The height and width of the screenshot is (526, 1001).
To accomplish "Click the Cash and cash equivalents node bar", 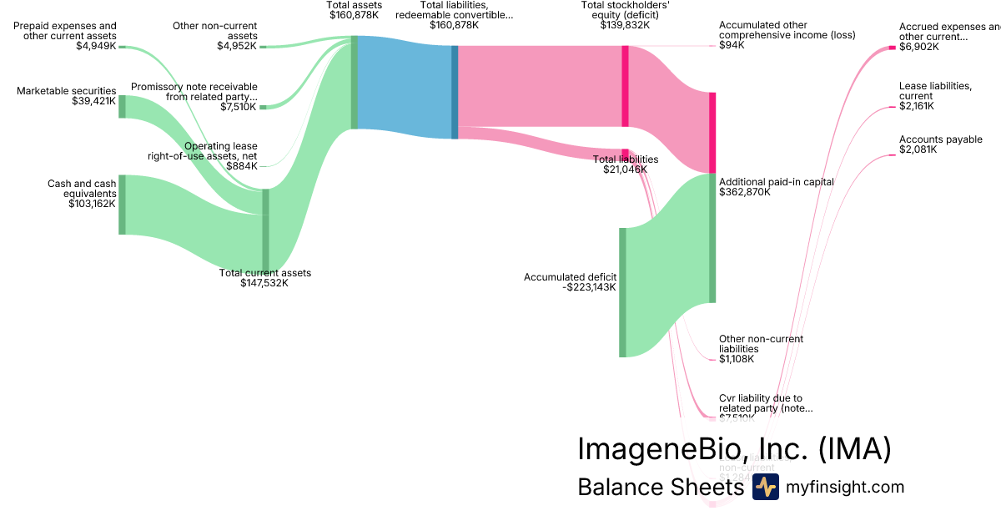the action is [122, 205].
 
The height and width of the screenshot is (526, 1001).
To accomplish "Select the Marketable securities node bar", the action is [122, 106].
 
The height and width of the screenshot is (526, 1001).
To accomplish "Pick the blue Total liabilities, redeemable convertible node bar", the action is [455, 92].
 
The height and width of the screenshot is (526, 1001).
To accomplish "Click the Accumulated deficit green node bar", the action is [622, 291].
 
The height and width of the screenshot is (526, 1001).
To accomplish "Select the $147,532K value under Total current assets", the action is [264, 283].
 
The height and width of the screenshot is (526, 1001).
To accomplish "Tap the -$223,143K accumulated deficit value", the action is [589, 287].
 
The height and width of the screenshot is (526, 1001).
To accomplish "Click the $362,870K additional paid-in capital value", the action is [745, 192].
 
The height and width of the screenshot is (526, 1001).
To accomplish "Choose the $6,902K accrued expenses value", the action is [918, 48].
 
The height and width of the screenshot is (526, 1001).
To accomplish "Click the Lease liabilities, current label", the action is [935, 91].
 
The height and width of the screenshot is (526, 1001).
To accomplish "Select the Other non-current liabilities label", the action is [761, 344].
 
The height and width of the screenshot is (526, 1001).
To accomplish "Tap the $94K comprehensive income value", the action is [732, 45].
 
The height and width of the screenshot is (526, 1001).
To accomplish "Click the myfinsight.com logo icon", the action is [765, 487].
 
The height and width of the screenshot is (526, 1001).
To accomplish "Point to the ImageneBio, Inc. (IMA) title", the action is [734, 448].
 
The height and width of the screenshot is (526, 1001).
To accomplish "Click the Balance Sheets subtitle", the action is [660, 488].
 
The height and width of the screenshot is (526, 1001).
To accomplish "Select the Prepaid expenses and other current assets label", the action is [65, 31].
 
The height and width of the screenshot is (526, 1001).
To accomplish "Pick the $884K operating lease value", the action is [241, 166].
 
